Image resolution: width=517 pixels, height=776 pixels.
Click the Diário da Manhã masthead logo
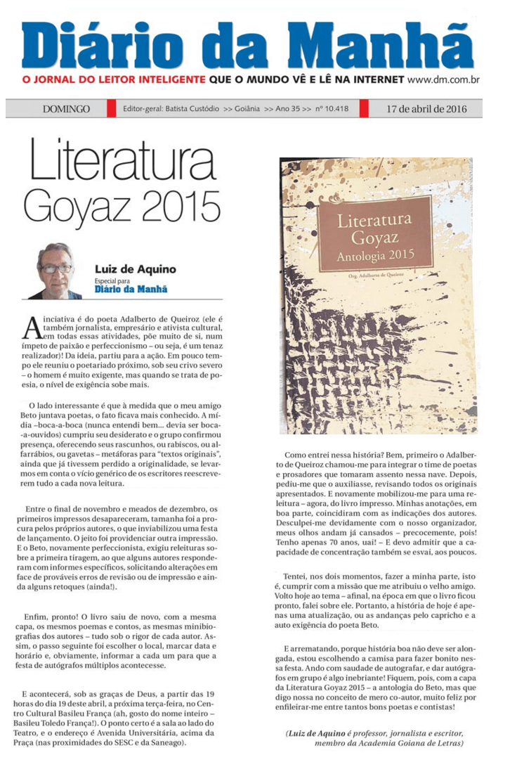(247, 45)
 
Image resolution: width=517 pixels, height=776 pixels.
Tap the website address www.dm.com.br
(443, 80)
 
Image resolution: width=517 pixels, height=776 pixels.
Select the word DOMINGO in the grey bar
(66, 109)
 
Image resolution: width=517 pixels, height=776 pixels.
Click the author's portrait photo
(55, 270)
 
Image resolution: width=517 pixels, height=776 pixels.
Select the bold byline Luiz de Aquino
(136, 269)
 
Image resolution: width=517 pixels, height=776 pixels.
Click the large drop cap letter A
(33, 328)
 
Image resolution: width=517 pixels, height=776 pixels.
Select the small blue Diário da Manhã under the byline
(131, 288)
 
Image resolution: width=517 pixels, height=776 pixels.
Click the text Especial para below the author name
(113, 280)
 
